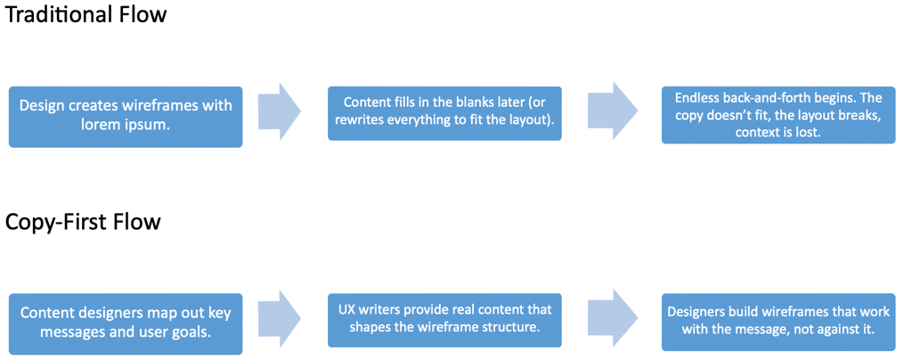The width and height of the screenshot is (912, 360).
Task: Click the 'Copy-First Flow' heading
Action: click(x=83, y=222)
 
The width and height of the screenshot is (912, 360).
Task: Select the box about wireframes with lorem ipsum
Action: click(x=126, y=116)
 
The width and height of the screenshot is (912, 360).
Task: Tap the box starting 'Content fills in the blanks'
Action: click(x=444, y=112)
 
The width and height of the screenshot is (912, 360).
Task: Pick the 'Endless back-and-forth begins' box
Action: click(x=778, y=114)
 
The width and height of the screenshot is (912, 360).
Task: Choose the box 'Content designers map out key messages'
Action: click(x=126, y=323)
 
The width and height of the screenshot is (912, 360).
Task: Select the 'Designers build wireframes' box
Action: click(x=778, y=321)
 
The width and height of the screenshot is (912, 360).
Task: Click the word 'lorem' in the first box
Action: click(x=101, y=125)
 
